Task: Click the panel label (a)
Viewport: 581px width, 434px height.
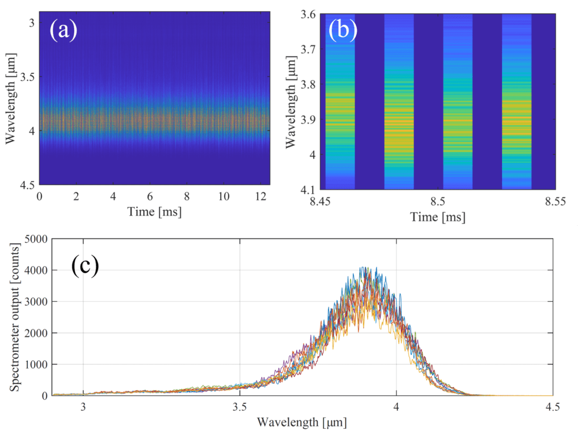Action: (63, 30)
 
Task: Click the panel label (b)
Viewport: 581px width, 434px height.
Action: (343, 30)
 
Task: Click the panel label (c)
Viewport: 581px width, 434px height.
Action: (85, 266)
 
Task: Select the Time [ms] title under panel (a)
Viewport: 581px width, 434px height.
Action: (154, 212)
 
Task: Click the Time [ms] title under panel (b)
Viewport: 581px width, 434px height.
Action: (437, 216)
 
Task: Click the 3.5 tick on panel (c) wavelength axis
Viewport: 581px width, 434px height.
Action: (240, 406)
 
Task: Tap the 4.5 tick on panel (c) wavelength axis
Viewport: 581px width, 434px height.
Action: (553, 406)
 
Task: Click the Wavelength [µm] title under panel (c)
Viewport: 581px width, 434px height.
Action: (301, 423)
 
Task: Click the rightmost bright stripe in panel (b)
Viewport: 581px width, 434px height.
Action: (516, 102)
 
